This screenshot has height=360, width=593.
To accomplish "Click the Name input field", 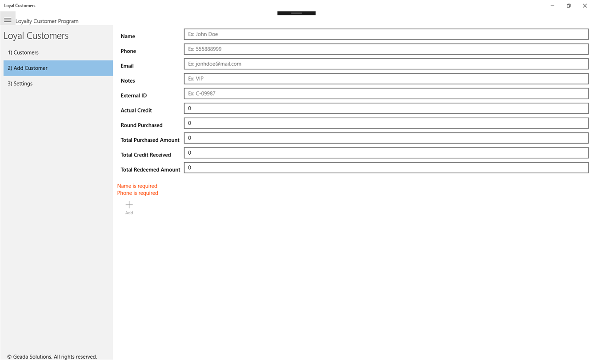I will point(386,34).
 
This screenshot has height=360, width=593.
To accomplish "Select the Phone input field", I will point(386,49).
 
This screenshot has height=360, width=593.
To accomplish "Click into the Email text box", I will point(386,64).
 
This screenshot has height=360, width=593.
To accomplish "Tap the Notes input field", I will point(386,79).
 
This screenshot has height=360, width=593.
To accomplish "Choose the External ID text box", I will point(386,93).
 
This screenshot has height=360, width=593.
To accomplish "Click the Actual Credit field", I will point(386,108).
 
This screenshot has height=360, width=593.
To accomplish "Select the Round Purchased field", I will point(386,123).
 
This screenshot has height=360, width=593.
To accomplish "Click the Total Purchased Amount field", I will point(386,138).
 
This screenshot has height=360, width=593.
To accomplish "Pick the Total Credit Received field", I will point(386,153).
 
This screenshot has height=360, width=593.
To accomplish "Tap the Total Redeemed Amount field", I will point(386,168).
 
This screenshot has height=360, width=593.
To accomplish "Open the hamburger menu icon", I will point(8,20).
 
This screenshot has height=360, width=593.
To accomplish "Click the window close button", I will point(585,6).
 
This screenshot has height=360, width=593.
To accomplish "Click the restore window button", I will point(569,6).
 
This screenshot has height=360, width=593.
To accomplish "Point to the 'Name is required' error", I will point(137,186).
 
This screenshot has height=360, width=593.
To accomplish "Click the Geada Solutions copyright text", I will point(52,356).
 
